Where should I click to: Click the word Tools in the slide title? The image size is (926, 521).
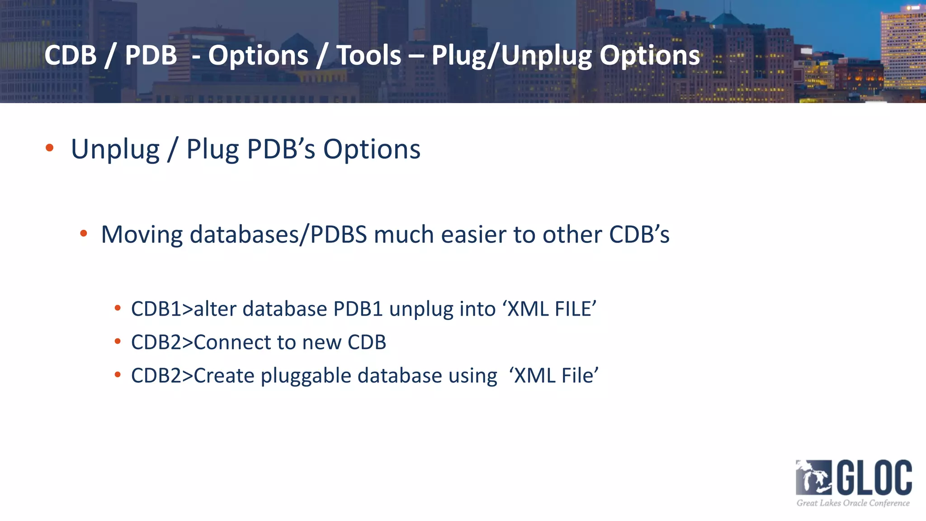pos(369,55)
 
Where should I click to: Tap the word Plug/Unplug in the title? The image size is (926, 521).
pos(511,55)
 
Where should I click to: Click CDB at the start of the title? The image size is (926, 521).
pos(71,55)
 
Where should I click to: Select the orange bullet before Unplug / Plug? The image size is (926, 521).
pos(50,147)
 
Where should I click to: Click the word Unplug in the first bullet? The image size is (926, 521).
pos(115,149)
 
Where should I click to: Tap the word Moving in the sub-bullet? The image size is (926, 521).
pos(142,235)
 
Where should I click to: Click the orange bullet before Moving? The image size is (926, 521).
pos(83,233)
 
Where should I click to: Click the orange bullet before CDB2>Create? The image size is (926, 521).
pos(118,374)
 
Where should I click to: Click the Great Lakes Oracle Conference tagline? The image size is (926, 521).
pos(853,503)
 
